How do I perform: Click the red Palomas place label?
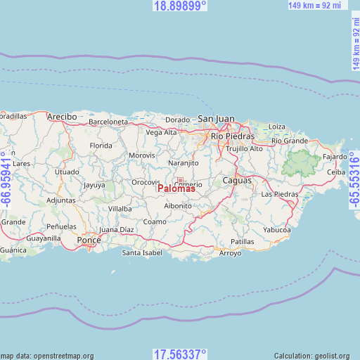click(176, 188)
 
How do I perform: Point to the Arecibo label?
click(61, 116)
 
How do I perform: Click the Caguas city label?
click(236, 181)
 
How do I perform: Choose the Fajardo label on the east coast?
click(335, 156)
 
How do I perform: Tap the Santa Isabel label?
click(142, 252)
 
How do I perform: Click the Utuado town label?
click(67, 172)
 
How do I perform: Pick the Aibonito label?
click(178, 205)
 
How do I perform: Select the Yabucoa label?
click(276, 229)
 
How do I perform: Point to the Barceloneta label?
click(108, 122)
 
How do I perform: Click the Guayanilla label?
click(44, 238)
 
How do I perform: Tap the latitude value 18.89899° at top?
click(180, 6)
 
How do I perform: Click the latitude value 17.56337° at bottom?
click(180, 354)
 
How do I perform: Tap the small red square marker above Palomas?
click(180, 180)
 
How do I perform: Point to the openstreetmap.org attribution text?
click(47, 356)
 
